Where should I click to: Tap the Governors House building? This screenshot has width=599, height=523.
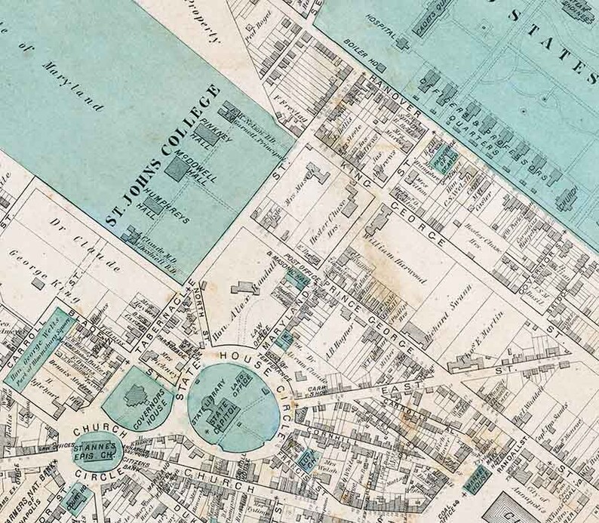[x=139, y=395]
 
